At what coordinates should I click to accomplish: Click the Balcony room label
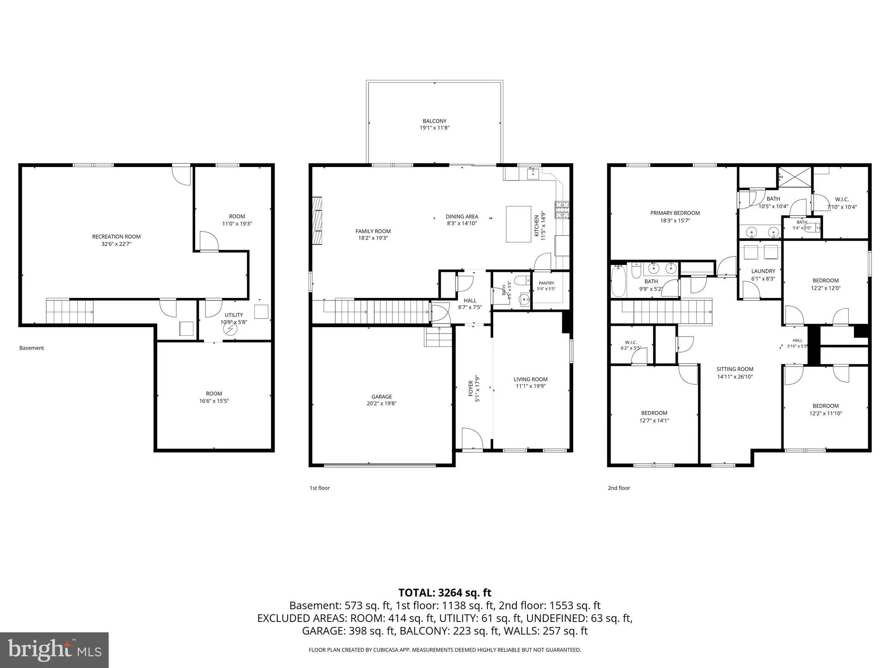[x=435, y=121]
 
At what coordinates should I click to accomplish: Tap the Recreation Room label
[x=116, y=237]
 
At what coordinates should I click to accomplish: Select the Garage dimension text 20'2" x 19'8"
[x=382, y=404]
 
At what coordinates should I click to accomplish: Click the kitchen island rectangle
[x=518, y=224]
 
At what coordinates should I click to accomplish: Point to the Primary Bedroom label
[x=675, y=213]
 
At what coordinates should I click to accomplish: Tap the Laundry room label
[x=763, y=271]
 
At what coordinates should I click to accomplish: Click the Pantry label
[x=546, y=283]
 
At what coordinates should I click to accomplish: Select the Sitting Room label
[x=735, y=369]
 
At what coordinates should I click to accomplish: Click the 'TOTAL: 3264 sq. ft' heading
[x=445, y=592]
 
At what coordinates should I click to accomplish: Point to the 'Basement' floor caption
[x=32, y=348]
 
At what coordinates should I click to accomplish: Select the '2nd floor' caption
[x=619, y=488]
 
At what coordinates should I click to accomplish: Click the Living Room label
[x=531, y=379]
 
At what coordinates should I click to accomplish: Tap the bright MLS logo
[x=54, y=650]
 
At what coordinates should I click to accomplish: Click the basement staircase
[x=70, y=311]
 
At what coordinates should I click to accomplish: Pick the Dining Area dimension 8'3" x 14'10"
[x=462, y=224]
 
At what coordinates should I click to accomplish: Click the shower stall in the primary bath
[x=794, y=177]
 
